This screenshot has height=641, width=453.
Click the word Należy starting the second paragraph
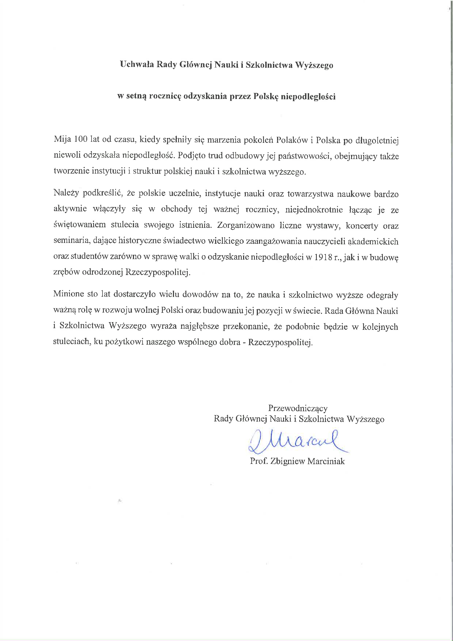[x=66, y=193]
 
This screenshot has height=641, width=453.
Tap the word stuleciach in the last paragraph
[x=72, y=342]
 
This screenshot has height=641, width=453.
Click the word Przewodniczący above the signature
[x=298, y=408]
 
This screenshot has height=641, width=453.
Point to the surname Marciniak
[x=326, y=461]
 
